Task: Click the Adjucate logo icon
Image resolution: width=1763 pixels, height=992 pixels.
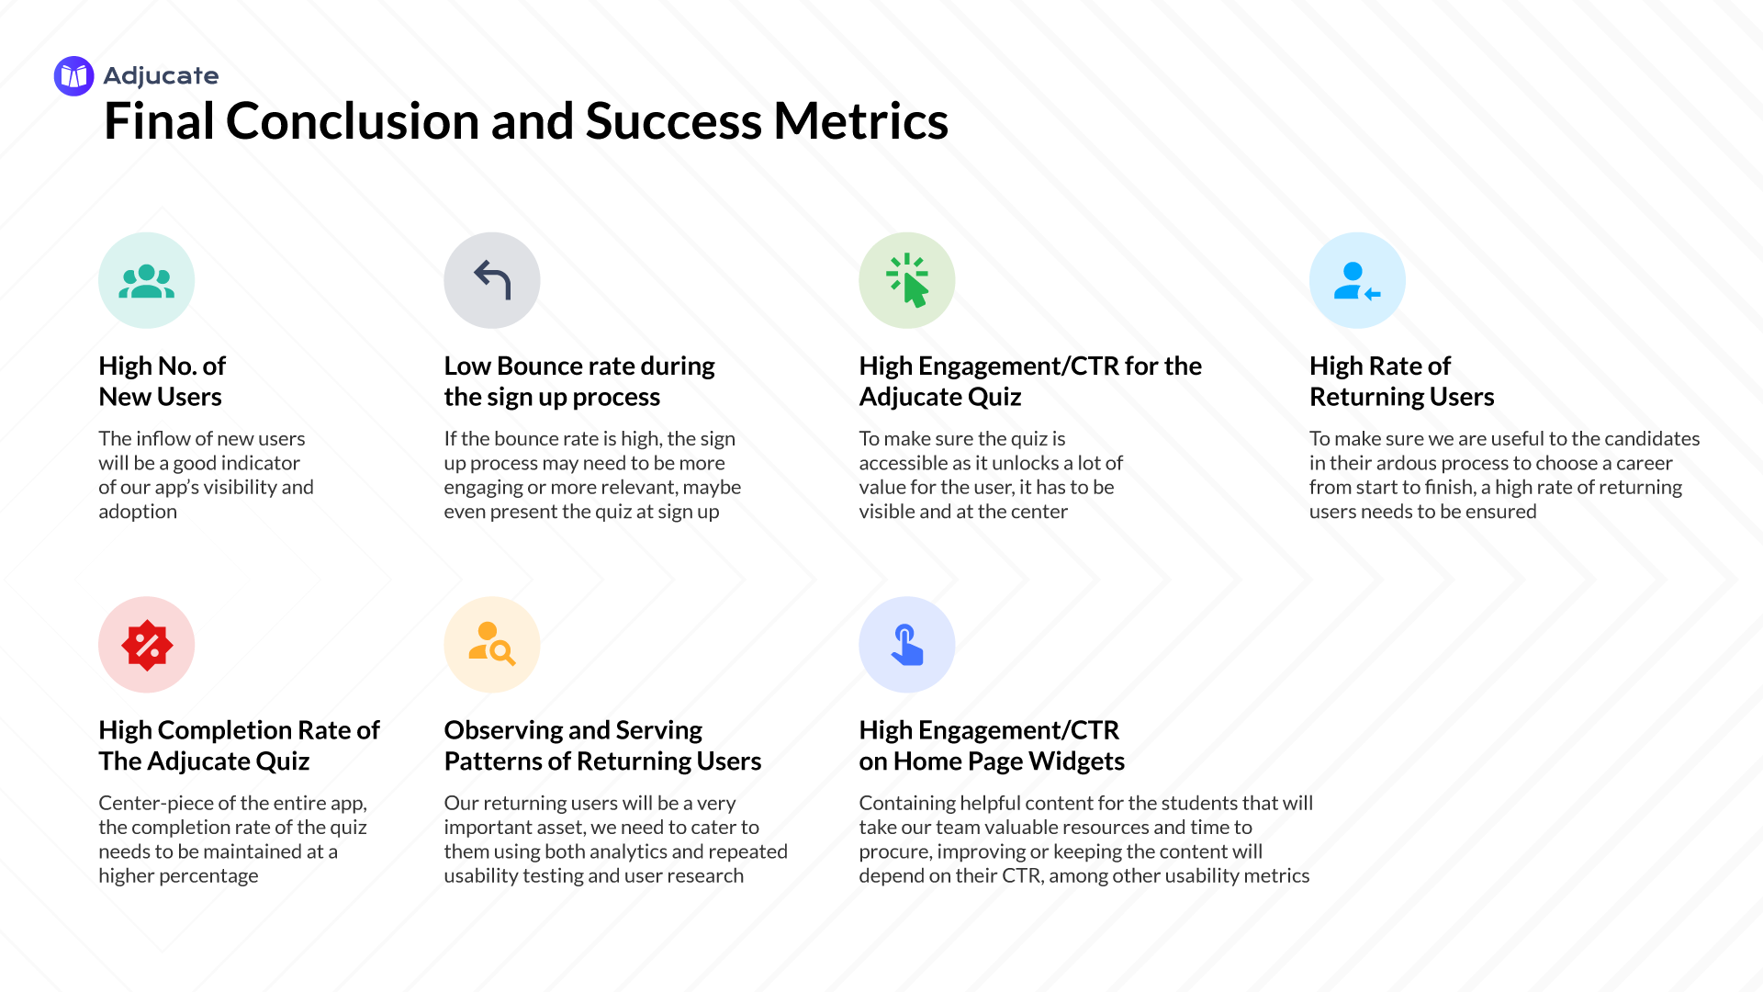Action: (73, 76)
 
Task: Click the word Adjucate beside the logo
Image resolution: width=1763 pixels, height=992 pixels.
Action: (161, 76)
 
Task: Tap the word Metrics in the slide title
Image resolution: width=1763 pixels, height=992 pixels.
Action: (860, 121)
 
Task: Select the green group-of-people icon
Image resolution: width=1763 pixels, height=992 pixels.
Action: (147, 280)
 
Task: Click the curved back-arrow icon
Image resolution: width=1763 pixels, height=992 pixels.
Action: (492, 280)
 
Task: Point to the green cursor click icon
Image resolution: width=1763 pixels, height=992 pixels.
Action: (907, 280)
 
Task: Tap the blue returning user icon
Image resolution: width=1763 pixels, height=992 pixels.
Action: (1357, 280)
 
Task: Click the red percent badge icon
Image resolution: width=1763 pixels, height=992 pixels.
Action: (147, 645)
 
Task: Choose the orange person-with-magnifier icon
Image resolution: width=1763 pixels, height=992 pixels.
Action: (492, 645)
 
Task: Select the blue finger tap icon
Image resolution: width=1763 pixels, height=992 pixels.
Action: (907, 645)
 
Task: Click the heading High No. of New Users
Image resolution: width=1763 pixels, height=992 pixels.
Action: (162, 381)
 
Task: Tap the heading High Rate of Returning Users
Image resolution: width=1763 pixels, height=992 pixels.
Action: (1401, 381)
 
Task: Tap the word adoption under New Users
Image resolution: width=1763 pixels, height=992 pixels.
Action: (138, 512)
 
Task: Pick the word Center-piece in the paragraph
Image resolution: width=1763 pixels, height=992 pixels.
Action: (165, 803)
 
